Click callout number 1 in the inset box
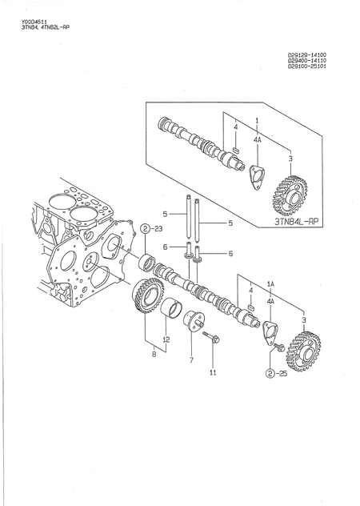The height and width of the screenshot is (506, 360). coord(257,119)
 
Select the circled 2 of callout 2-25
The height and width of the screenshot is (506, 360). coord(272,373)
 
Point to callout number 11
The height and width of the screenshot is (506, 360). coord(213,373)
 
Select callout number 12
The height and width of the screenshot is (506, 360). coord(166,339)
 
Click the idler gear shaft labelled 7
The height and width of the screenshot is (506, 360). coord(192,324)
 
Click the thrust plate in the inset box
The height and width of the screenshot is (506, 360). coord(256,176)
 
